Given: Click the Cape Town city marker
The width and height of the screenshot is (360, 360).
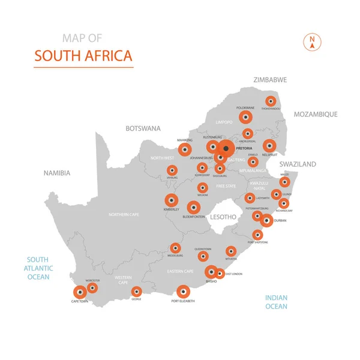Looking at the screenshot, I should tap(80, 292).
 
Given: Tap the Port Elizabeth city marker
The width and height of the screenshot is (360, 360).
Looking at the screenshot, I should tap(183, 292).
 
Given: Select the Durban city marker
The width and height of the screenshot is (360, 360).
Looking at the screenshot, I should tap(266, 221).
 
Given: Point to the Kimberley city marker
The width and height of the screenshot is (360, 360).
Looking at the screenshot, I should tap(172, 200).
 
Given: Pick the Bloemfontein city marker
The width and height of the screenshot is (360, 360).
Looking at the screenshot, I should tap(193, 208).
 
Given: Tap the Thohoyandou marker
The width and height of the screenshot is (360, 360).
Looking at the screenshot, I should tap(271, 101).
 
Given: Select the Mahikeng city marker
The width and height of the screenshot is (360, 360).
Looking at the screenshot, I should tap(185, 149).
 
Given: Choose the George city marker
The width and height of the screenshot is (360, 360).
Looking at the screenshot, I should tap(137, 292).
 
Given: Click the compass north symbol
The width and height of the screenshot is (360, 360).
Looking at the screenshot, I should tap(312, 41).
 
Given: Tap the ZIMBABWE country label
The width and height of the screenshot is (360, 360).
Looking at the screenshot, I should tap(270, 80).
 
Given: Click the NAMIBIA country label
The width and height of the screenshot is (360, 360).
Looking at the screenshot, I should tap(57, 173).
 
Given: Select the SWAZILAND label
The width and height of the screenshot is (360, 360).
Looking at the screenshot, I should tap(297, 164).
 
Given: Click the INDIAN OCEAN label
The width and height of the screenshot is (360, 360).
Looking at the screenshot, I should tap(277, 302).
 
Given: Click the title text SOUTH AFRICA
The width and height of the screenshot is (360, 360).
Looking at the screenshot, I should tap(83, 56).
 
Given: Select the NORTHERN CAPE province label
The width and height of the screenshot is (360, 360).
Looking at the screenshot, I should tap(124, 214).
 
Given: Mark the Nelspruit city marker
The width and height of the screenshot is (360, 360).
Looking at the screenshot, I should tap(269, 146).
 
